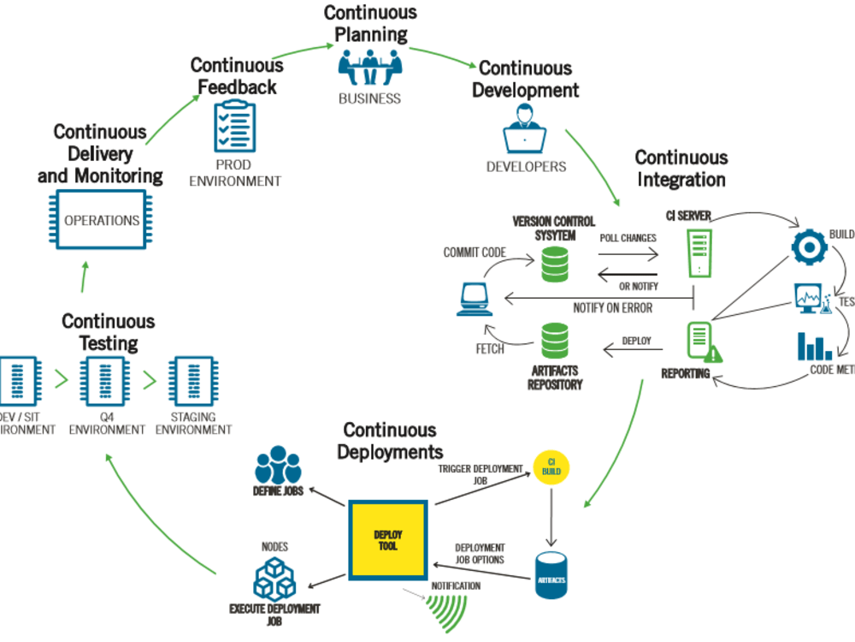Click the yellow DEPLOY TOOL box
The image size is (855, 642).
[x=387, y=540]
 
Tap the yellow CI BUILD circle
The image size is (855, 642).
[x=549, y=466]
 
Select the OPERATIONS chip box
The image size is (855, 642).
[x=102, y=221]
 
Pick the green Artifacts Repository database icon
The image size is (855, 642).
[x=555, y=341]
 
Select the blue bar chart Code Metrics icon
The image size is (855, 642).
[x=814, y=346]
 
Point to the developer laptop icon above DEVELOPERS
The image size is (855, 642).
[x=525, y=136]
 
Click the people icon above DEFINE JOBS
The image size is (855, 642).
[x=278, y=466]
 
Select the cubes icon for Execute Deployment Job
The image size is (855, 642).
[x=274, y=578]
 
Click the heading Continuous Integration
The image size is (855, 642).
[x=681, y=169]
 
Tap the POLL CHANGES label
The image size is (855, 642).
[x=627, y=238]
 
